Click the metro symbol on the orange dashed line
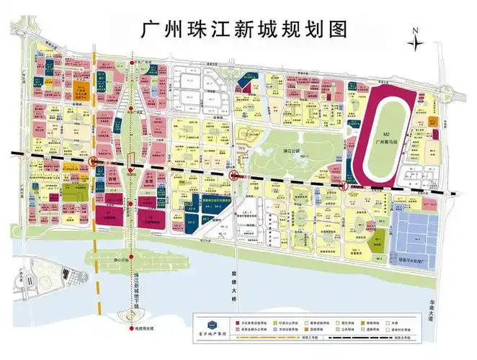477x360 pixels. (x=94, y=164)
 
